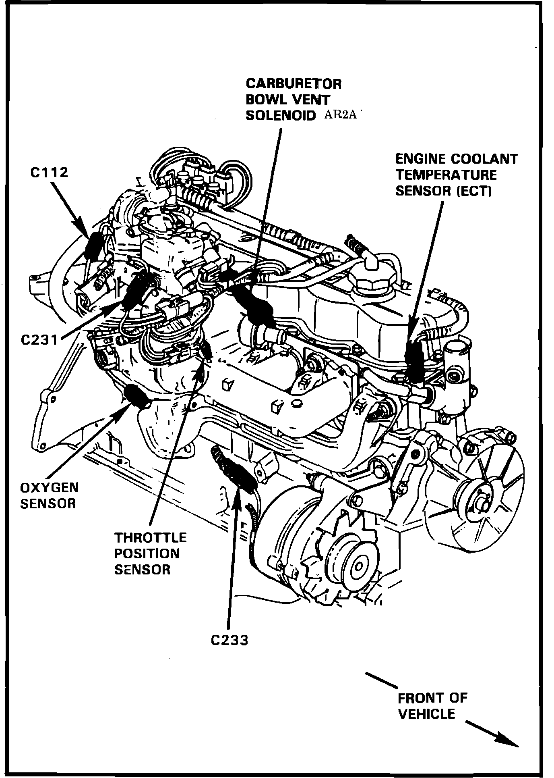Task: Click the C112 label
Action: (x=50, y=173)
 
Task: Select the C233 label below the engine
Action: (x=229, y=640)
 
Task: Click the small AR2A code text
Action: (x=340, y=115)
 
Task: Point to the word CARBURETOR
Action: (x=294, y=84)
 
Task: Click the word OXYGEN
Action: (x=49, y=488)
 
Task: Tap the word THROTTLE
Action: (x=151, y=538)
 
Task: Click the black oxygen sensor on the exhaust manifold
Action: (x=137, y=397)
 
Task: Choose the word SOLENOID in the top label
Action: (x=281, y=115)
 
